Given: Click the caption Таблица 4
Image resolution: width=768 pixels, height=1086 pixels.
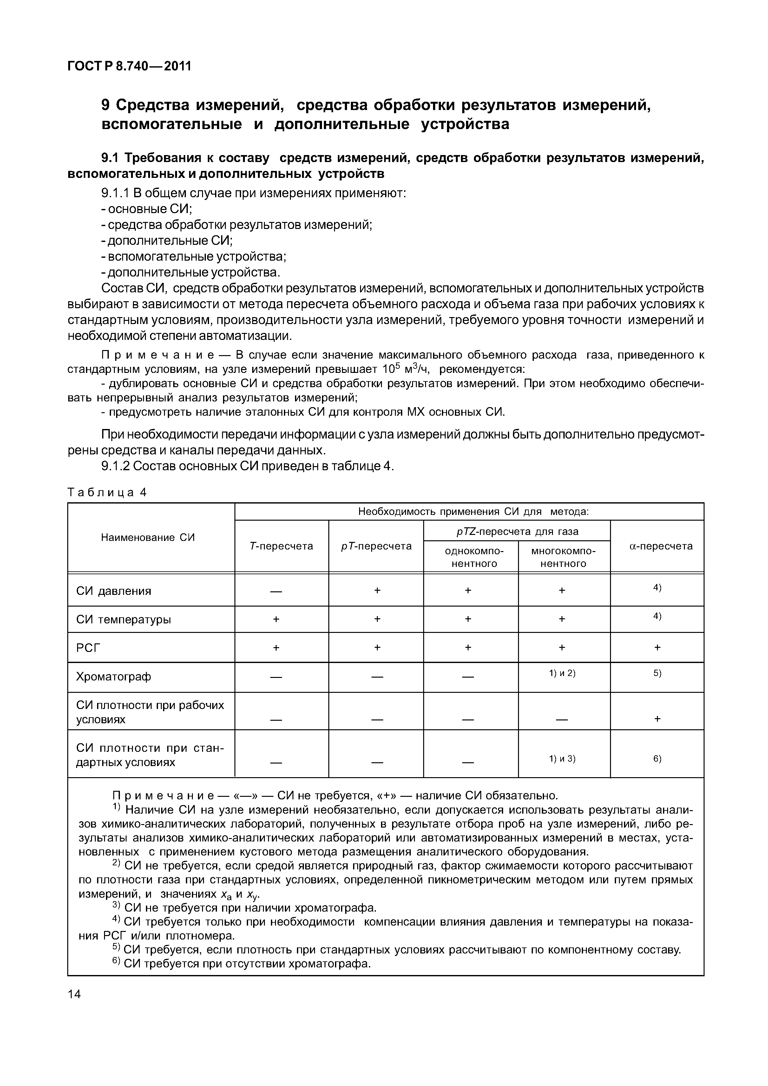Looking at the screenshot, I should (108, 492).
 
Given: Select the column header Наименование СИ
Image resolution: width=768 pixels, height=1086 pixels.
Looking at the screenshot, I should (148, 537).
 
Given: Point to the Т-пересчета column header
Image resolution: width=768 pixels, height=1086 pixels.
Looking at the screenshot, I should (281, 546).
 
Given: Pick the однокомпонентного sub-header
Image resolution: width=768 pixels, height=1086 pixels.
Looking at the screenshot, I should (474, 557).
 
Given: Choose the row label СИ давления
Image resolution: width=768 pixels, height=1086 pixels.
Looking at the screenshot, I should (114, 591).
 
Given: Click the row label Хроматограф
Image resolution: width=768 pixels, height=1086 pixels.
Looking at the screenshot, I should (114, 677).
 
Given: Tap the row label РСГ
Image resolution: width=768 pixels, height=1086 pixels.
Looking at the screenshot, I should (89, 647).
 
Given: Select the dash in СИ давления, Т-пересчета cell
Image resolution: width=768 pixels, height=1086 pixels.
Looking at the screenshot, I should (276, 591).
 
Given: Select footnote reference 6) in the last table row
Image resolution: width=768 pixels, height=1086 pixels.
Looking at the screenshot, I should (657, 759).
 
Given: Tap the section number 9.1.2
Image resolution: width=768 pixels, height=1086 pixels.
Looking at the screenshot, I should (115, 466).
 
